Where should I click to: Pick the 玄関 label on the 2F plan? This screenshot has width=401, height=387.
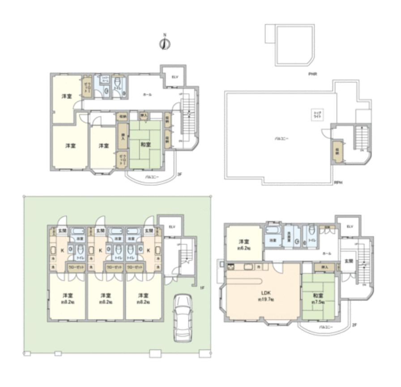tap(347, 261)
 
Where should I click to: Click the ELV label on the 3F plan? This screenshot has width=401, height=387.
tap(175, 77)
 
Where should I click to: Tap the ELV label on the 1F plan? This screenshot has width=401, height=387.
tap(171, 227)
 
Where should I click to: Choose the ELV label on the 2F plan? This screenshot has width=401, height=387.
tap(350, 227)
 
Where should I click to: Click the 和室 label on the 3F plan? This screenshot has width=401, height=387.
tap(145, 145)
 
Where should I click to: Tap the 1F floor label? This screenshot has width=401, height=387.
tap(202, 288)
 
